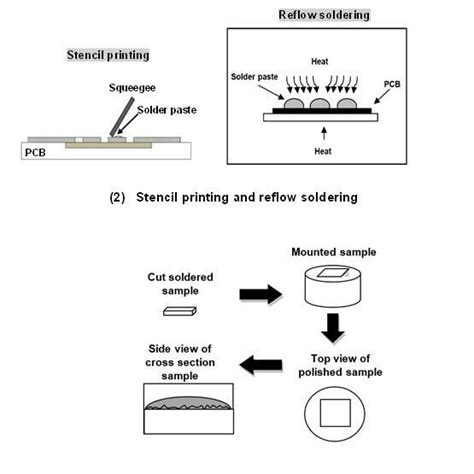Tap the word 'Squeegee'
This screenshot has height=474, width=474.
[131, 86]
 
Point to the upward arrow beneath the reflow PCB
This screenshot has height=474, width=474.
[320, 131]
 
